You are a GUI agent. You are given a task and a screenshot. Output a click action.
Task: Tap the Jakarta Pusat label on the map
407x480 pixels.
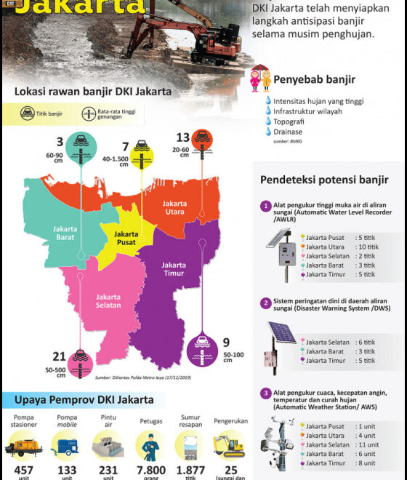tap(126, 239)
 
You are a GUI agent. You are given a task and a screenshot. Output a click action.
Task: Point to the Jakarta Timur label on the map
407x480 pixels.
tap(174, 270)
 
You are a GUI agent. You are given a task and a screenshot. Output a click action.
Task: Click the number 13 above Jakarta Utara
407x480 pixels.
tap(183, 137)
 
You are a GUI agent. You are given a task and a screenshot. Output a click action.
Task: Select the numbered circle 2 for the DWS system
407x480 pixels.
tap(267, 303)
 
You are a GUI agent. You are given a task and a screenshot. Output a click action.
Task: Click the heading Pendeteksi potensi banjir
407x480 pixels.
tap(324, 180)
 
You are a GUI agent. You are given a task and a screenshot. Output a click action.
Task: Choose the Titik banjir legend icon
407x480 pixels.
tap(27, 113)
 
